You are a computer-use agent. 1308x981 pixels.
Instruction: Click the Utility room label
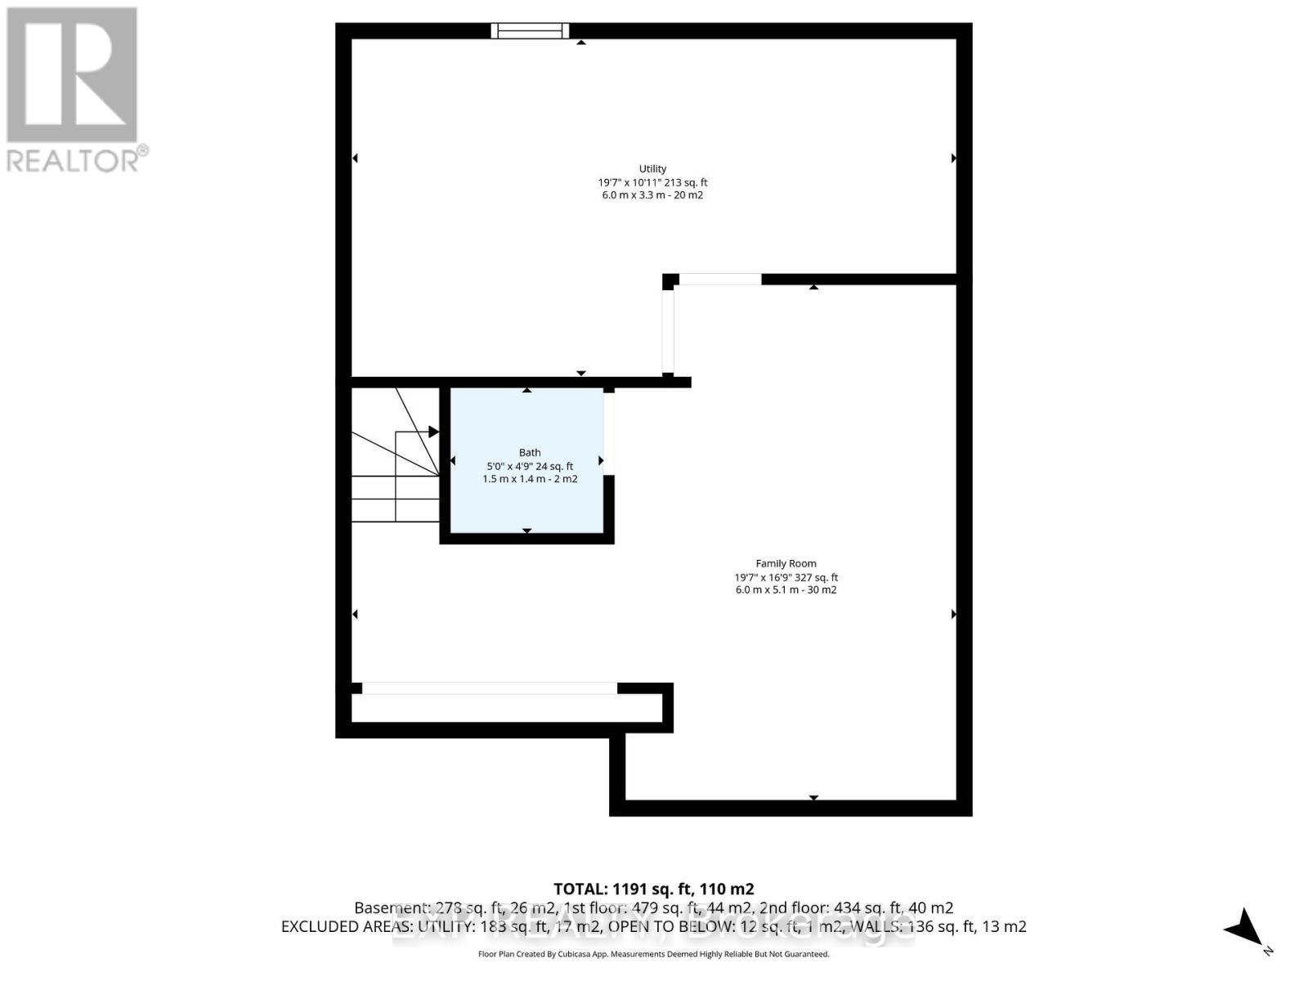pyautogui.click(x=652, y=169)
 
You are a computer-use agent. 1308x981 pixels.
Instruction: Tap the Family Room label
pyautogui.click(x=786, y=563)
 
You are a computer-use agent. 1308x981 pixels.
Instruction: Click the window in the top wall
pyautogui.click(x=530, y=31)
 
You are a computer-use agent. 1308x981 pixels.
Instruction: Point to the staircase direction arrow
pyautogui.click(x=432, y=432)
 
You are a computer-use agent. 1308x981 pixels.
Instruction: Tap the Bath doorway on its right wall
pyautogui.click(x=609, y=433)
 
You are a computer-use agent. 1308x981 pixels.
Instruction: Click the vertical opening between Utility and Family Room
pyautogui.click(x=668, y=331)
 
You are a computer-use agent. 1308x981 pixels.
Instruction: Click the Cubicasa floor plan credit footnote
pyautogui.click(x=653, y=954)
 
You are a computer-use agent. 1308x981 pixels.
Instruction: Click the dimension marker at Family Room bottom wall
pyautogui.click(x=813, y=797)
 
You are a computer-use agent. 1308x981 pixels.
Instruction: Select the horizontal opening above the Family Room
pyautogui.click(x=719, y=280)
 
